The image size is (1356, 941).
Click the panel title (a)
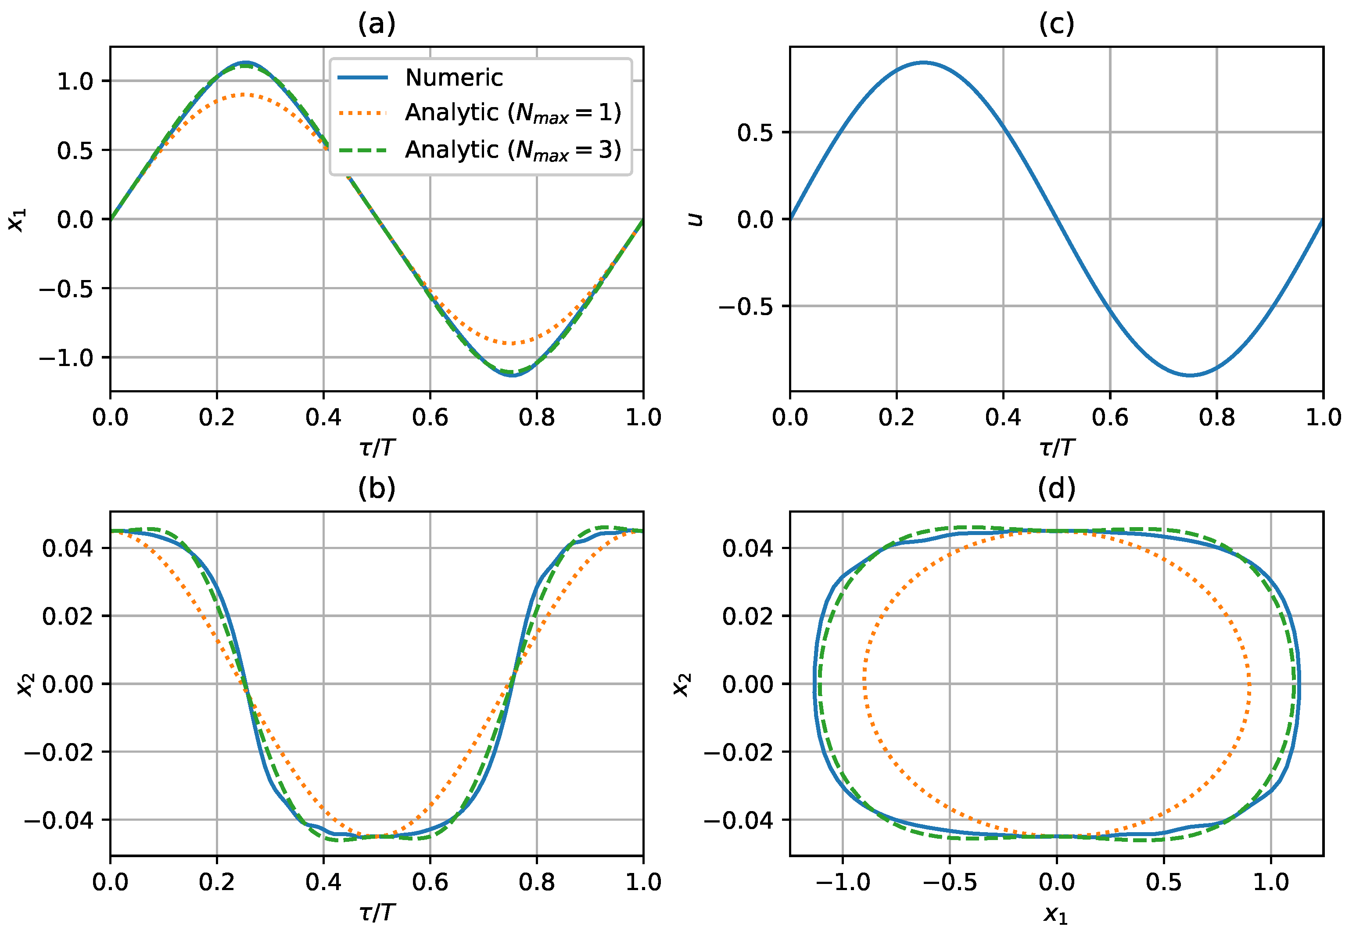pos(376,24)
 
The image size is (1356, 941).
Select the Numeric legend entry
pos(453,78)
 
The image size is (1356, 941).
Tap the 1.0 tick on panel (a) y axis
pos(75,81)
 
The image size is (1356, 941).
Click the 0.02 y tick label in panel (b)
pos(68,617)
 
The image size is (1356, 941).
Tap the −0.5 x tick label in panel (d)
pos(949,883)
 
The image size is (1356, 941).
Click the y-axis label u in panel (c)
pos(696,219)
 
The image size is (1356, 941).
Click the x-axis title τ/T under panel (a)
pos(376,448)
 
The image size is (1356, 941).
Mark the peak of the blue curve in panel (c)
pos(923,62)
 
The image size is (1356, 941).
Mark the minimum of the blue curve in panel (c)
pos(1190,375)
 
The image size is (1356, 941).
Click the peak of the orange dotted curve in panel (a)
pos(244,94)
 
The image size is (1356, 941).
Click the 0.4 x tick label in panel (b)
pos(323,883)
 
